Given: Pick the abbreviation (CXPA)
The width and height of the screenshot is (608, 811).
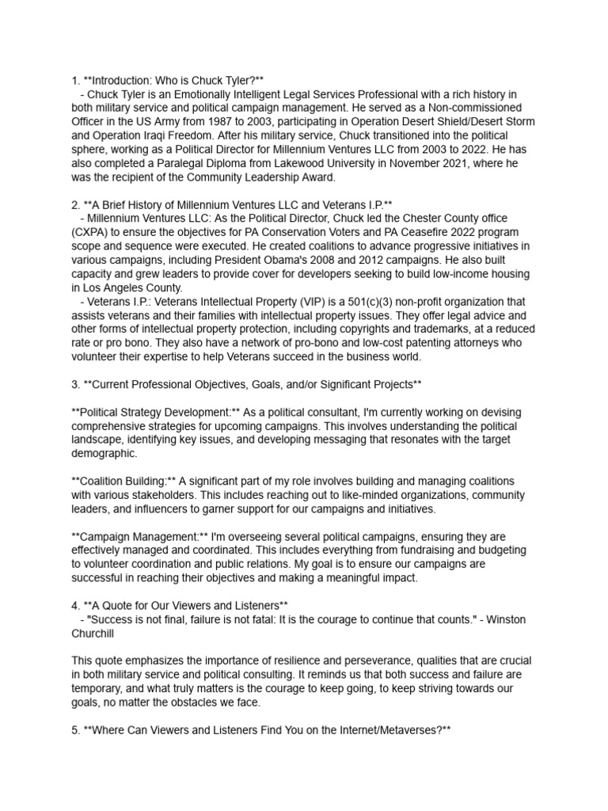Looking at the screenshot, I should [92, 232].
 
